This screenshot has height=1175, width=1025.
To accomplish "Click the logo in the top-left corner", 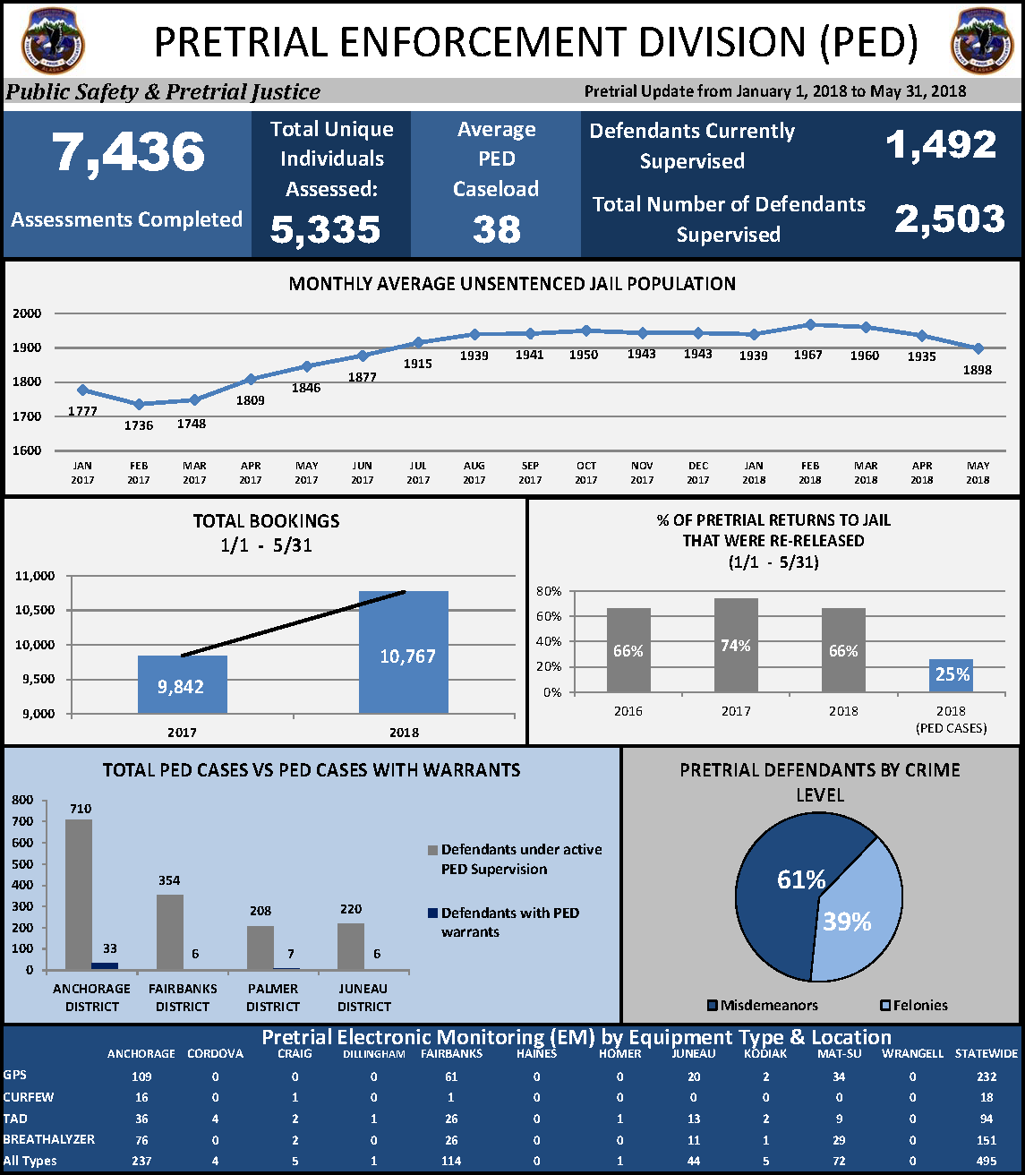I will tap(55, 40).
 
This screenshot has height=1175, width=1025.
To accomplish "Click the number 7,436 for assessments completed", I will tap(128, 152).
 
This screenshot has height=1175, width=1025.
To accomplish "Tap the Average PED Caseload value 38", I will tap(496, 229).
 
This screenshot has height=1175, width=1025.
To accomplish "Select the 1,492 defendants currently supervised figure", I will tap(941, 145).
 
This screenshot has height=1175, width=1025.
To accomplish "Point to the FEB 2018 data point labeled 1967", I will tap(810, 325).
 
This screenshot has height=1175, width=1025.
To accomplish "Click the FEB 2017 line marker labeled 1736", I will tap(139, 404).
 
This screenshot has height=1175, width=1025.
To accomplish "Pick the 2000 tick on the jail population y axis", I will tap(27, 313).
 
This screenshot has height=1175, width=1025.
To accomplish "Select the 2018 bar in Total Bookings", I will tap(403, 652).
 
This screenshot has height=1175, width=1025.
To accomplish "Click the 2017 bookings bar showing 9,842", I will tap(182, 684).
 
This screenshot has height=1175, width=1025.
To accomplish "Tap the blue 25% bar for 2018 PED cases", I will tap(951, 675).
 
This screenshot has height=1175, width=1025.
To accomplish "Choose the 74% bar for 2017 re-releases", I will tap(736, 645).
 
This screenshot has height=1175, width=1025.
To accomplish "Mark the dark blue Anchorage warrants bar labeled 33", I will tap(105, 965).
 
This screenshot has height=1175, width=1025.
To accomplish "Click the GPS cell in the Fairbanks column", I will tap(451, 1076).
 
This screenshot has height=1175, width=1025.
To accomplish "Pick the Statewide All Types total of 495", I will tap(987, 1161).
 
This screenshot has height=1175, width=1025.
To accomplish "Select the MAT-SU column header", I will tap(834, 1054).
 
